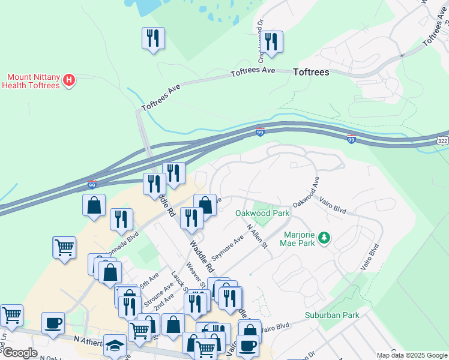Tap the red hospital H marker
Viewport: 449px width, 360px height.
point(69,79)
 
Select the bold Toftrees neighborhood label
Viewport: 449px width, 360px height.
point(311,72)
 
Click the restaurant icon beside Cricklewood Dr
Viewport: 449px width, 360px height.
point(273,42)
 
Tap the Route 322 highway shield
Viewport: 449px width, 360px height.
point(442,140)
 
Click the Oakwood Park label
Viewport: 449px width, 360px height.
point(262,213)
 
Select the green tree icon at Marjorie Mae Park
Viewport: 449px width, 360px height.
point(324,239)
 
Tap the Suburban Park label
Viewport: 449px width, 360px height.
point(331,314)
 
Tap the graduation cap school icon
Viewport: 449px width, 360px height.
point(115,345)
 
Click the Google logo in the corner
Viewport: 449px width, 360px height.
point(19,353)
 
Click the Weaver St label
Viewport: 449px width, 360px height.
point(196,272)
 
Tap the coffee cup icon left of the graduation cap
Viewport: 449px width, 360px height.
point(53,323)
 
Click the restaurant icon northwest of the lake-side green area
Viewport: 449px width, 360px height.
point(152,38)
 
